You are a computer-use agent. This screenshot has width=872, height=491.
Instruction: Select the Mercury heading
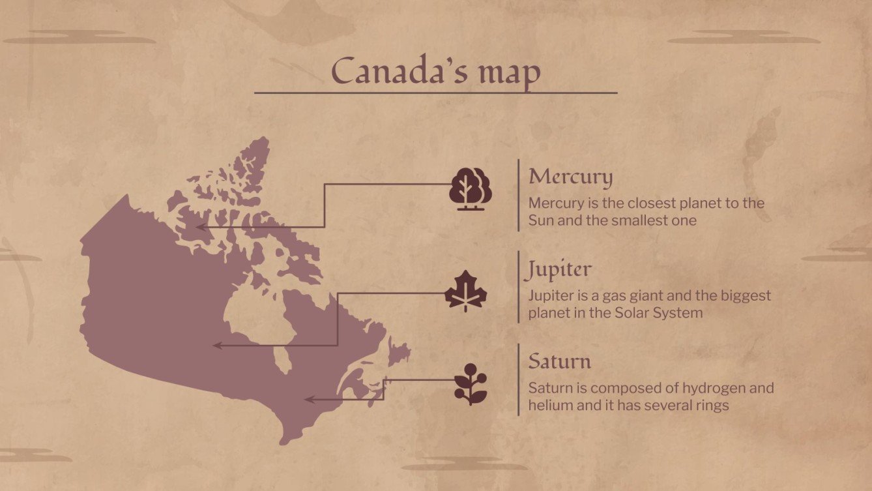click(x=570, y=177)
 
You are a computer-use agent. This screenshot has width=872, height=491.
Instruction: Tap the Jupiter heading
click(x=560, y=269)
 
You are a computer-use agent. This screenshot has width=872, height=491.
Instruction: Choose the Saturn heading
click(x=559, y=361)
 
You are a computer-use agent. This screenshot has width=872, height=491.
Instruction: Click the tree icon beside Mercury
click(x=470, y=189)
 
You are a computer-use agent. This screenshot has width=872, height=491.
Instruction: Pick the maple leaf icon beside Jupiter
click(x=466, y=291)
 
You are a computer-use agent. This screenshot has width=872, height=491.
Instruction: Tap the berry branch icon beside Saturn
click(x=470, y=384)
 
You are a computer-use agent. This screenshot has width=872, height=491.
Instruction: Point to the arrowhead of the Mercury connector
click(x=199, y=227)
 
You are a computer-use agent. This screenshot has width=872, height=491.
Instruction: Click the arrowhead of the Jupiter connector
click(x=217, y=346)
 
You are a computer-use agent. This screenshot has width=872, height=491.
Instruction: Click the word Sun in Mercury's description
click(x=540, y=220)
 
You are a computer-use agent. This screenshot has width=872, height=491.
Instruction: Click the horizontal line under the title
click(x=435, y=93)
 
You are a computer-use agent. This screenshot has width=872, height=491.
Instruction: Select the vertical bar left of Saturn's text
click(x=519, y=379)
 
